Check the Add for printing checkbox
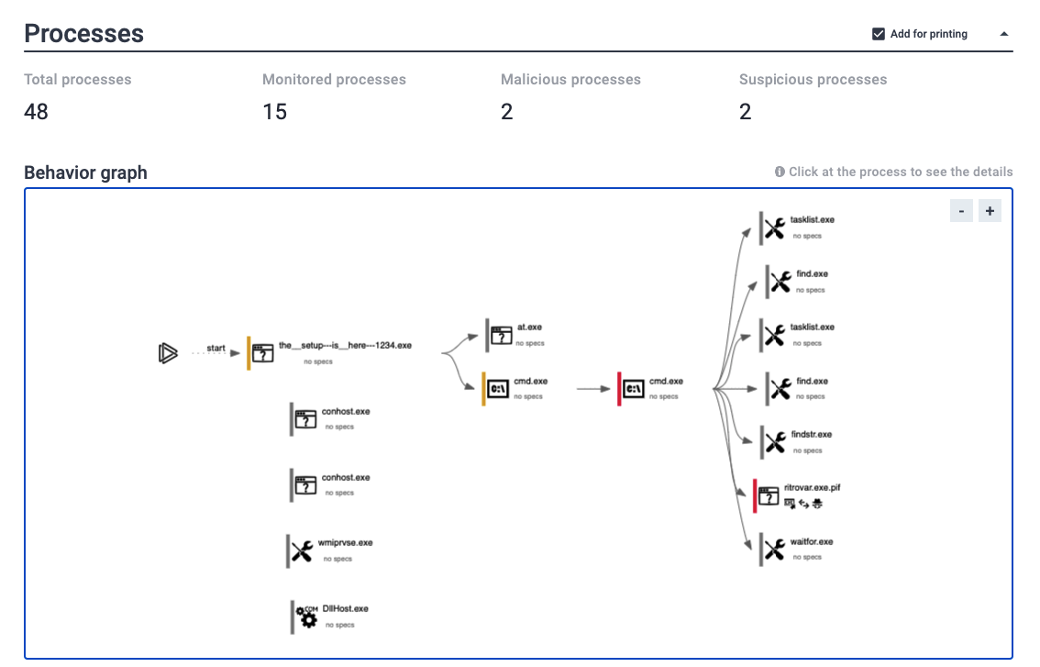pyautogui.click(x=879, y=34)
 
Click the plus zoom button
pyautogui.click(x=990, y=211)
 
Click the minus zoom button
pyautogui.click(x=961, y=211)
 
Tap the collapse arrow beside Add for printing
pyautogui.click(x=1004, y=34)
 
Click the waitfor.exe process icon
pyautogui.click(x=774, y=549)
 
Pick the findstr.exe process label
pyautogui.click(x=811, y=434)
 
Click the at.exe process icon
pyautogui.click(x=501, y=335)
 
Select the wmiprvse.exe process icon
pyautogui.click(x=302, y=550)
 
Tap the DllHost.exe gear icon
pyautogui.click(x=306, y=617)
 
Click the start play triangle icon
pyautogui.click(x=168, y=353)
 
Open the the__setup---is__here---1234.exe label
pyautogui.click(x=345, y=345)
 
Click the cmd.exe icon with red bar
pyautogui.click(x=634, y=389)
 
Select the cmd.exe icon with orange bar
pyautogui.click(x=497, y=389)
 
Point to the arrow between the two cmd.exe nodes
pyautogui.click(x=593, y=389)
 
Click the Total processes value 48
pyautogui.click(x=36, y=112)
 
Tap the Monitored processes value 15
pyautogui.click(x=274, y=112)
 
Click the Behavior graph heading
pyautogui.click(x=85, y=172)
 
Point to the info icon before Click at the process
pyautogui.click(x=780, y=172)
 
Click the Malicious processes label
pyautogui.click(x=570, y=80)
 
